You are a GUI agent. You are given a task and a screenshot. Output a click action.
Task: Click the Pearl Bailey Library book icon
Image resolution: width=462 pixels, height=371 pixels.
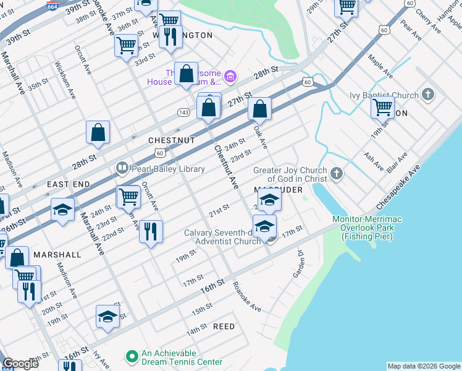tap(122, 168)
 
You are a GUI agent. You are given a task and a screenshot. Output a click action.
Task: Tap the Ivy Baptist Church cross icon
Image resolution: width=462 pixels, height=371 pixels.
tap(428, 95)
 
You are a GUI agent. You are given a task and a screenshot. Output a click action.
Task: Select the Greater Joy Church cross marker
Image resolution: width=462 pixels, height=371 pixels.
tap(337, 174)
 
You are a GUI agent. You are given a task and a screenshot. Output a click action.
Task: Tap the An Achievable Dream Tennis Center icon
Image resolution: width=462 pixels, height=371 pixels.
tap(131, 357)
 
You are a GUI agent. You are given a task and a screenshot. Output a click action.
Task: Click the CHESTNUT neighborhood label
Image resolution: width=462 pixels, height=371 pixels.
tap(172, 141)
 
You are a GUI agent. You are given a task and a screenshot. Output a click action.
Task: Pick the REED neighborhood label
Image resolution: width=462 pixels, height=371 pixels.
tap(224, 326)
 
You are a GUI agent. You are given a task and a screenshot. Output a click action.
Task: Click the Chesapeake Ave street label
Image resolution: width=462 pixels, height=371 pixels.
tap(397, 189)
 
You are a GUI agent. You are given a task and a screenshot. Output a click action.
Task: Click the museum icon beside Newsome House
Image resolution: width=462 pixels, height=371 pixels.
tap(230, 77)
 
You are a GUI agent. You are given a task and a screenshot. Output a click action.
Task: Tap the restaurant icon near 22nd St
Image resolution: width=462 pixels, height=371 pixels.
tap(151, 232)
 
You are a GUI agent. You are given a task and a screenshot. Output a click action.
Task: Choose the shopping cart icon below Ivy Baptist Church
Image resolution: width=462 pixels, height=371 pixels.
tap(382, 107)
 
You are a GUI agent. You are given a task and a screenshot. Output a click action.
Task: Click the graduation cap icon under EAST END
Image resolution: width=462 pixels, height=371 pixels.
tap(62, 210)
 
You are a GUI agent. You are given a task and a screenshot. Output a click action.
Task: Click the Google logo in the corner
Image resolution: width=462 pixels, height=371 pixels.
tap(20, 364)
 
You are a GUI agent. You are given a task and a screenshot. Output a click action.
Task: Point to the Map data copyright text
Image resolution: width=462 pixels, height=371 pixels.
tap(423, 366)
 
